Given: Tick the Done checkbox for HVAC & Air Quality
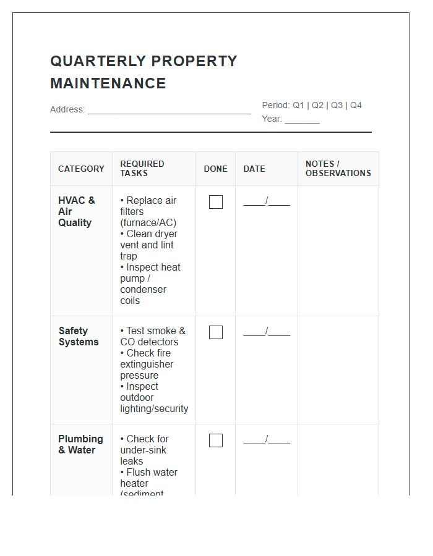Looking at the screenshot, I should [x=216, y=202].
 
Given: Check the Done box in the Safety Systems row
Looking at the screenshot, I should [x=216, y=332].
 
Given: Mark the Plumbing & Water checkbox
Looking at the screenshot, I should [x=216, y=440].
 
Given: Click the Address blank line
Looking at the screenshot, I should [x=169, y=110].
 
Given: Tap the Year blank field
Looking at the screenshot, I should [x=302, y=119].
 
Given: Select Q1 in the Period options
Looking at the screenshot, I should [x=298, y=105].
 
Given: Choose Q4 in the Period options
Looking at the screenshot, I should [x=356, y=105].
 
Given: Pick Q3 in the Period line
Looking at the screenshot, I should [x=337, y=105].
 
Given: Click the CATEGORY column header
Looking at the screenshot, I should [x=81, y=169].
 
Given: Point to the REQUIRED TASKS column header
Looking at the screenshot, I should [x=142, y=169].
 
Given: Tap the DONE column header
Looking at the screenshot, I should [x=216, y=169].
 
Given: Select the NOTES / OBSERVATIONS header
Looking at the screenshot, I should [x=338, y=169].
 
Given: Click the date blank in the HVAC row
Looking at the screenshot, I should [x=267, y=201].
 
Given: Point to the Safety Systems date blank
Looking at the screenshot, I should [x=267, y=332].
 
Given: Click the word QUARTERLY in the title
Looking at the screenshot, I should [x=96, y=61].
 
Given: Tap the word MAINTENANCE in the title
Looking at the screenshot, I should [x=108, y=83].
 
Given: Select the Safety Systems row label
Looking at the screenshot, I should [x=79, y=337].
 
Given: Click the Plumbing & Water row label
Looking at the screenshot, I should [x=80, y=445].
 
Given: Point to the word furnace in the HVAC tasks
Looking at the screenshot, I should [x=140, y=223].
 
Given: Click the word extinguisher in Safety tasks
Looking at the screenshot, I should [x=147, y=364].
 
